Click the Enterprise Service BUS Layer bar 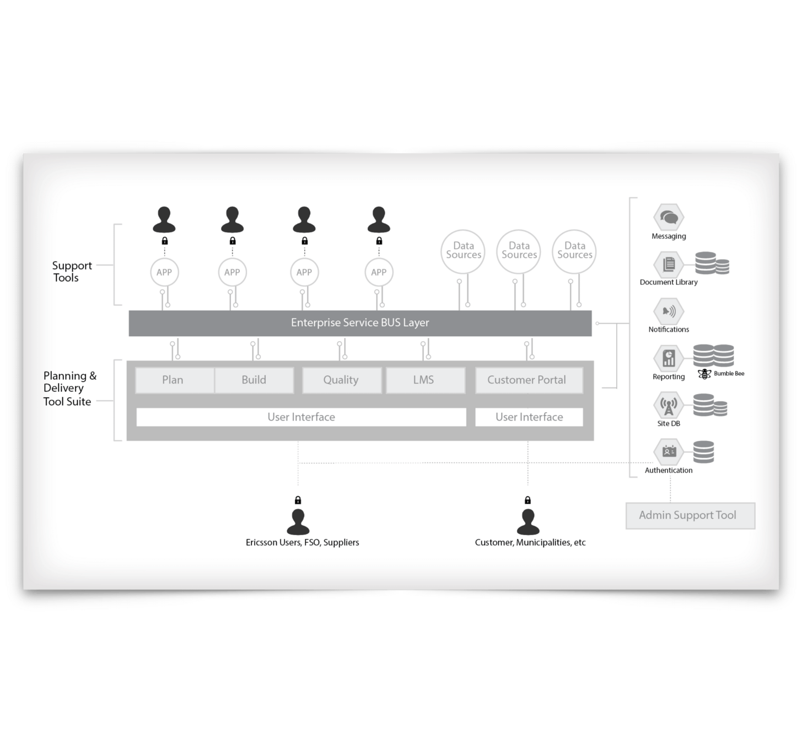[360, 323]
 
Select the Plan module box [173, 380]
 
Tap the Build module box [254, 380]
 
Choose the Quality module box [341, 380]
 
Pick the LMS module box [424, 380]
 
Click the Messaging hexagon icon [669, 217]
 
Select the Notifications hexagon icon [669, 311]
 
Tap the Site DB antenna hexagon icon [669, 406]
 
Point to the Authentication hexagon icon [669, 452]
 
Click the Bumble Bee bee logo [704, 374]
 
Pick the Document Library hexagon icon [669, 265]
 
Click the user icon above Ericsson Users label [298, 522]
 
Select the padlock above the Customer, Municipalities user [528, 500]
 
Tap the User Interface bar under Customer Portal [529, 417]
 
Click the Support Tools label [71, 272]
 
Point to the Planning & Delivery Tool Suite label [69, 389]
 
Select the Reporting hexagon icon [669, 359]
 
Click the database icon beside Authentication [703, 452]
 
